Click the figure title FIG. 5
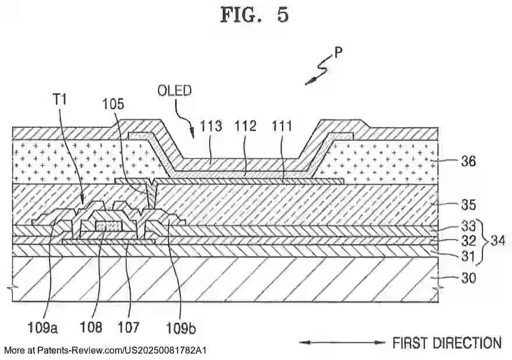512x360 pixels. [254, 15]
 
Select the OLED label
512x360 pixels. [175, 91]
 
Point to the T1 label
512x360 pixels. [60, 99]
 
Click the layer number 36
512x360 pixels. [468, 161]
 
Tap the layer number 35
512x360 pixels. [468, 205]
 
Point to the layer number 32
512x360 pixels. [468, 239]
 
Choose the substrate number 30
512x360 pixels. [468, 278]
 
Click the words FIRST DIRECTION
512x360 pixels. [447, 343]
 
